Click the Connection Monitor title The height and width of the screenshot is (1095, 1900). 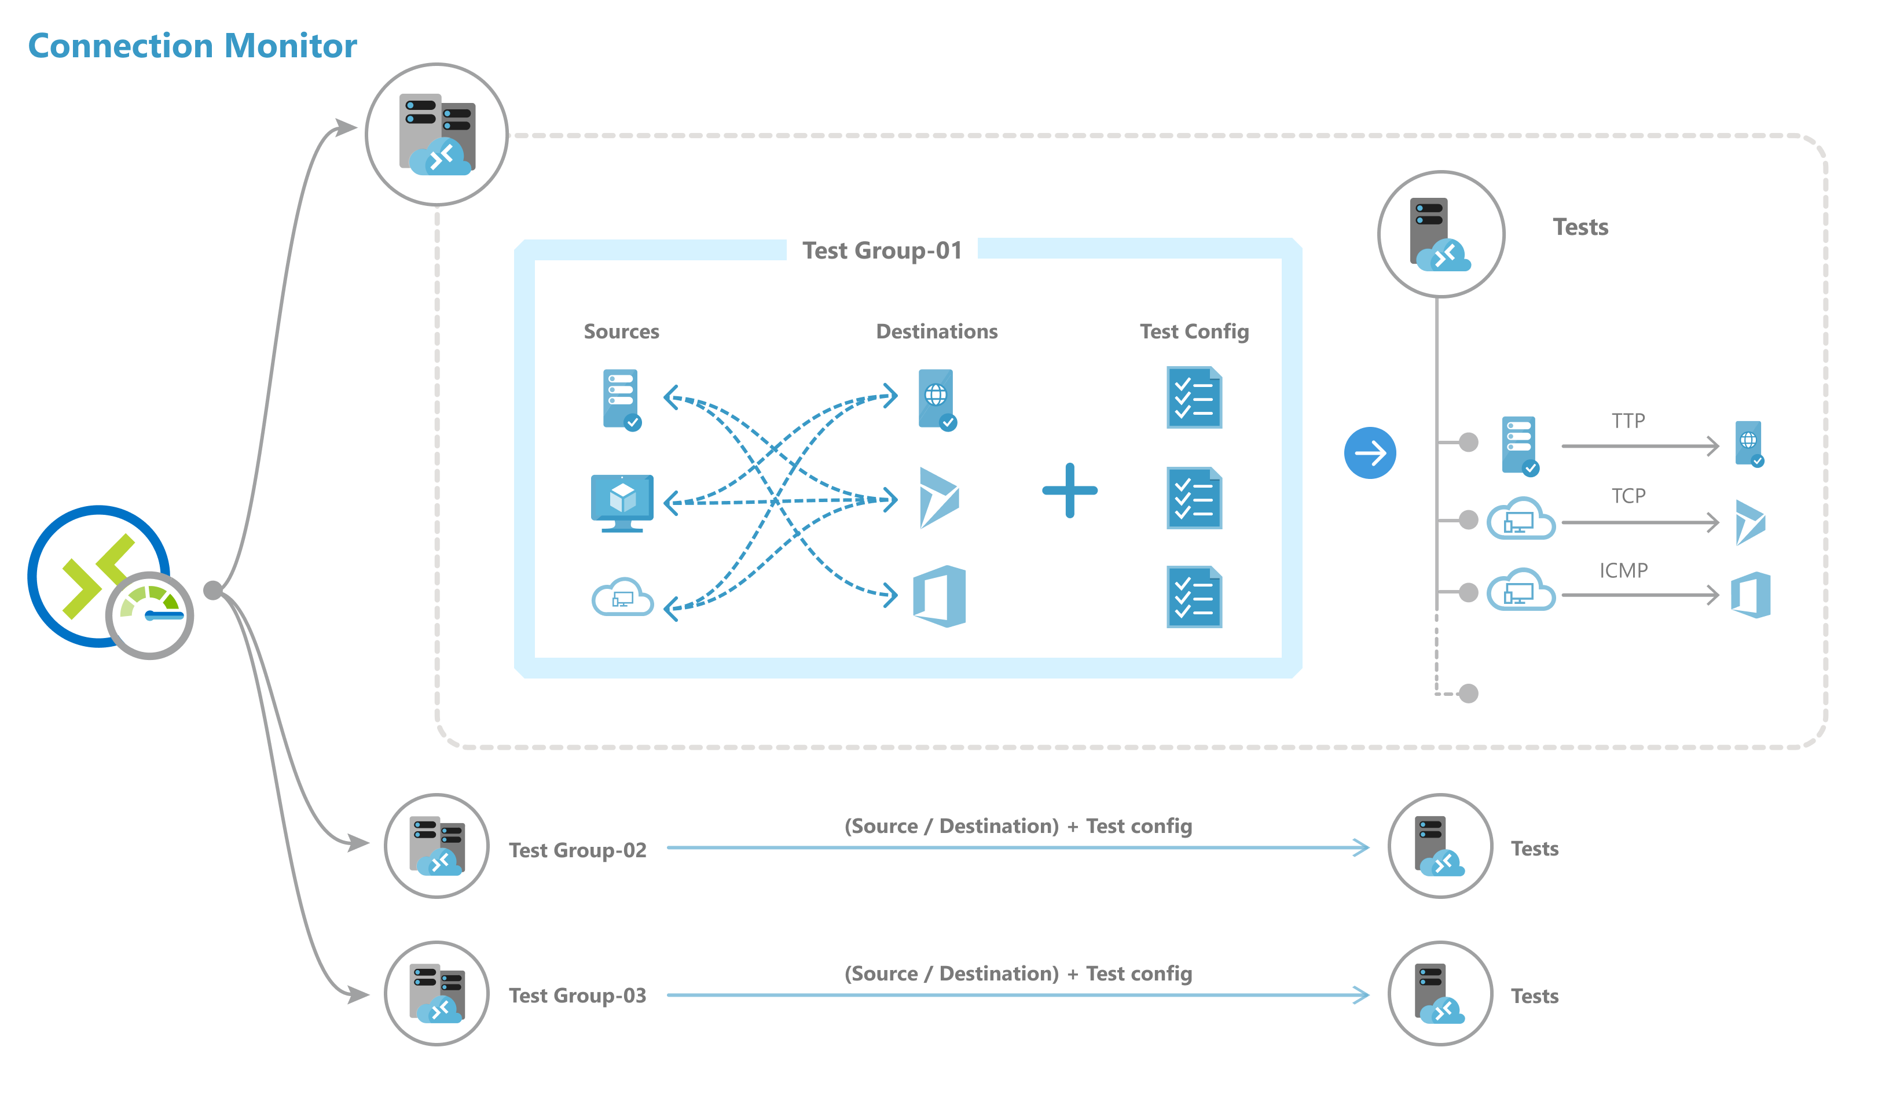pos(193,46)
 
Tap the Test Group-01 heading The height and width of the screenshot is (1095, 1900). pos(882,250)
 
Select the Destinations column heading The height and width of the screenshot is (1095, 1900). pos(936,331)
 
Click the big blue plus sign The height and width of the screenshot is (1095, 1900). pos(1069,491)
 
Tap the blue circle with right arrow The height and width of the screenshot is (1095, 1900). pos(1370,453)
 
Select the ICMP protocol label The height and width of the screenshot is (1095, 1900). pos(1623,571)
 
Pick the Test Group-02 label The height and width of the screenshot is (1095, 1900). pos(577,850)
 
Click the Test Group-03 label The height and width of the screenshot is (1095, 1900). pos(577,996)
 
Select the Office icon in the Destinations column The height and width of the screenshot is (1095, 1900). pos(939,596)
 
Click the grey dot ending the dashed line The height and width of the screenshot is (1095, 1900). pos(1468,694)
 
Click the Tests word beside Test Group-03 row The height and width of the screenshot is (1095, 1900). pos(1534,997)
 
